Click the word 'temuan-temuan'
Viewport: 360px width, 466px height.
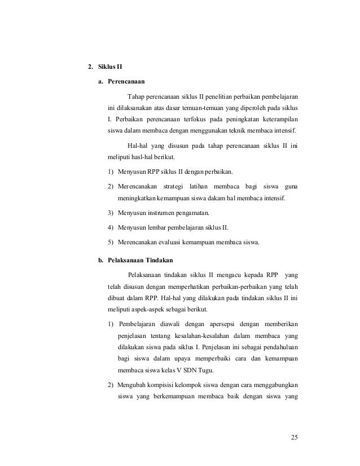(199, 107)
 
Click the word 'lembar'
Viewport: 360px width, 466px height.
(157, 228)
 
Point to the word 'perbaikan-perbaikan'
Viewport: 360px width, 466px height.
(224, 286)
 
